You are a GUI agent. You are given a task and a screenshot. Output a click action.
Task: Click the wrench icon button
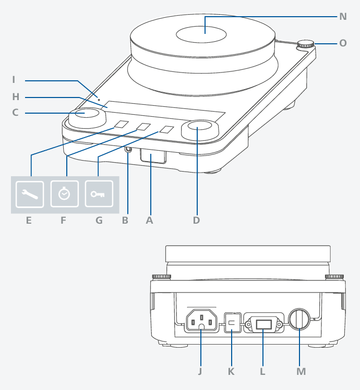[30, 194]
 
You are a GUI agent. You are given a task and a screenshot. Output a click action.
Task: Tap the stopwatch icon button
[65, 194]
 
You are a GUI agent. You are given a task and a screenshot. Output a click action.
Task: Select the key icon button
[99, 194]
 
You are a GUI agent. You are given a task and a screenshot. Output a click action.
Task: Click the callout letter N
[343, 17]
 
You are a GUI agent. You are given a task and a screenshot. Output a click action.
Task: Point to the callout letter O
[343, 43]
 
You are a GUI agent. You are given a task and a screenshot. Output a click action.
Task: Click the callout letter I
[14, 80]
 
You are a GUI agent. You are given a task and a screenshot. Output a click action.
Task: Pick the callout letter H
[16, 97]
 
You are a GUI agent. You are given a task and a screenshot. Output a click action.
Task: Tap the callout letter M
[301, 372]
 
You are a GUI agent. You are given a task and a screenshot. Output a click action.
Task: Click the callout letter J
[200, 372]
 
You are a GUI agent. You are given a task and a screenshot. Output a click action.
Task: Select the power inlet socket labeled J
[202, 321]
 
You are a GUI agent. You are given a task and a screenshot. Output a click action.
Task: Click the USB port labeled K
[233, 323]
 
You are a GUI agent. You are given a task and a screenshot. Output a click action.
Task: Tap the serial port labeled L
[263, 324]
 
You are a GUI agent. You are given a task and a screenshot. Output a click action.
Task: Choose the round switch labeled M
[299, 319]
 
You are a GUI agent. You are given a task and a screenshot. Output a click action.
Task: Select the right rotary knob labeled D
[200, 130]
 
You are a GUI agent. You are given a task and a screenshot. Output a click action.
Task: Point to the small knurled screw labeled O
[305, 45]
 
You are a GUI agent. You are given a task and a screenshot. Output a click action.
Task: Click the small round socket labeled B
[128, 149]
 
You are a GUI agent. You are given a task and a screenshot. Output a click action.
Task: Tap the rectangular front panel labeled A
[153, 156]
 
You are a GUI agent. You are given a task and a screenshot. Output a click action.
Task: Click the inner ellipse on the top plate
[201, 34]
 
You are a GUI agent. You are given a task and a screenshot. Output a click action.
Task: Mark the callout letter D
[196, 221]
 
